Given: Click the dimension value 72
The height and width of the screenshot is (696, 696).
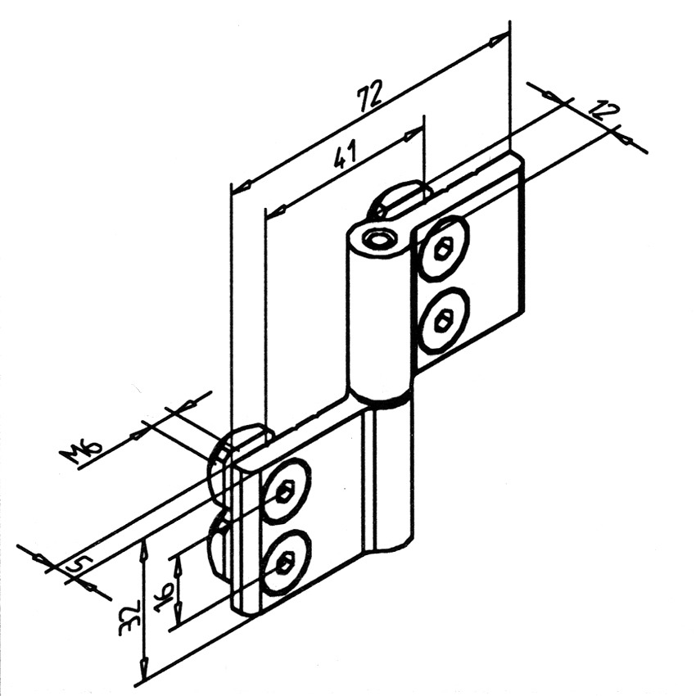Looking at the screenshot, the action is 370,97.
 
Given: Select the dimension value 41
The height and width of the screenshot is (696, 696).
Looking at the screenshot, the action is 345,155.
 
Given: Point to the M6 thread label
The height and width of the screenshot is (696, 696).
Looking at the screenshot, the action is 81,452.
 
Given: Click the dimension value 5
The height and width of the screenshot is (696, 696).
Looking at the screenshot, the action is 79,565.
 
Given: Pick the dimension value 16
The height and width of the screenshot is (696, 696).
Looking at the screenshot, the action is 163,598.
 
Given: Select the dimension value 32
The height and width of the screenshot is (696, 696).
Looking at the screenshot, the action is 129,617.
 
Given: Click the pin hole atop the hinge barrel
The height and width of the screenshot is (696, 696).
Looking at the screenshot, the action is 378,239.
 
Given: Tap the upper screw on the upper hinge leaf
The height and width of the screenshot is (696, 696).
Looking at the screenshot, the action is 445,250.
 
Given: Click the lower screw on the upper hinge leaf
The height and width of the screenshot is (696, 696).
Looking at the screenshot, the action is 445,320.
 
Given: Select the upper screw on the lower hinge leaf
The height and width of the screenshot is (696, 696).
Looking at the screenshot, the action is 285,491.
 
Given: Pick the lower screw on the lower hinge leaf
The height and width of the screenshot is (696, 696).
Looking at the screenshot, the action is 285,562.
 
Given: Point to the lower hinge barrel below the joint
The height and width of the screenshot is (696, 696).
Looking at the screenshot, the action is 391,475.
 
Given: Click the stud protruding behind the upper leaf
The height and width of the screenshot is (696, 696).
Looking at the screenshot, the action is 399,198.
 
